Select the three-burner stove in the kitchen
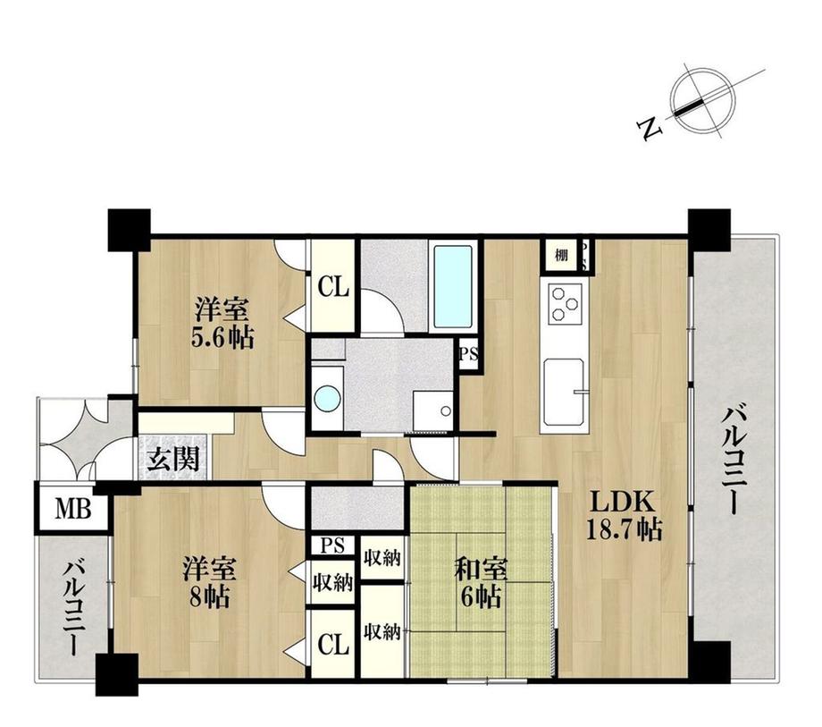click(x=565, y=302)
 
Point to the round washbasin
click(x=328, y=398)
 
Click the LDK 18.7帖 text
click(x=624, y=514)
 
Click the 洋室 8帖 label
click(x=210, y=580)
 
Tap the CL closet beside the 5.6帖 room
click(x=332, y=289)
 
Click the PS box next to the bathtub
click(x=468, y=353)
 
